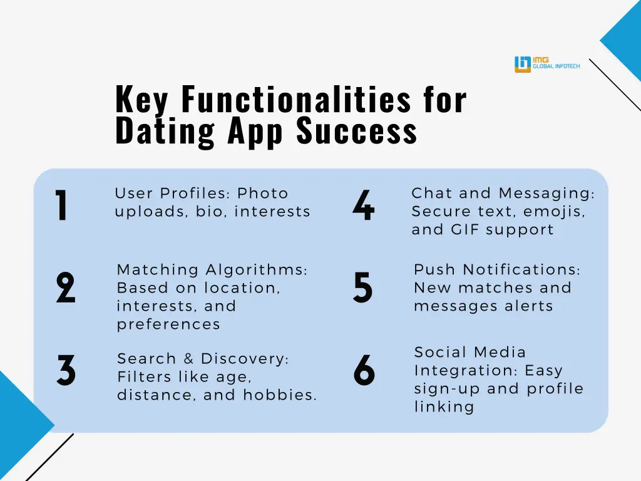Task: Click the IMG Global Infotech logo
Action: click(546, 64)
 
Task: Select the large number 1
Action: click(61, 205)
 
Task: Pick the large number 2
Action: click(65, 288)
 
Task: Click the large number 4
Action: click(363, 205)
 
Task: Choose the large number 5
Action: click(363, 288)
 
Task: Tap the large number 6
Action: click(364, 371)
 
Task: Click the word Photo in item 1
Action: click(263, 194)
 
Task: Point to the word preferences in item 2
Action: click(168, 324)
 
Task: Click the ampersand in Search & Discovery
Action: click(188, 359)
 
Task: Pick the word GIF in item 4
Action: click(465, 230)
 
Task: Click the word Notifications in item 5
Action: click(521, 270)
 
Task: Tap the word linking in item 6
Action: click(444, 407)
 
